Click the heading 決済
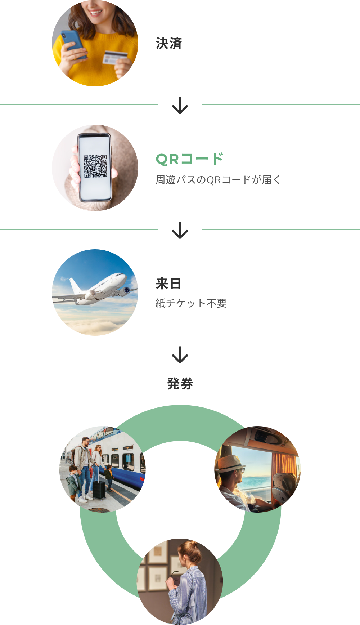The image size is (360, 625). coord(169,44)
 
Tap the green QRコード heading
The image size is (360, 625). coord(190,159)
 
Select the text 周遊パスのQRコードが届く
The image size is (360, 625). coord(218,179)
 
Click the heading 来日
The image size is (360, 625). coord(168,284)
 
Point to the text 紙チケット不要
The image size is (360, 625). coord(191,303)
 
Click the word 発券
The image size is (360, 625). coord(180,384)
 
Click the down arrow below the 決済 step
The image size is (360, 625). coord(180,106)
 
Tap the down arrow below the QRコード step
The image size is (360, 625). coord(180,231)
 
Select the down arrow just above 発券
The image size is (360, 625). coord(180,355)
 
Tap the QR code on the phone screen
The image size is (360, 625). coord(95,166)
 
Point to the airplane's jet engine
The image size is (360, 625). coord(125,290)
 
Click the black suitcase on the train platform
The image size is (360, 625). coord(99,488)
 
